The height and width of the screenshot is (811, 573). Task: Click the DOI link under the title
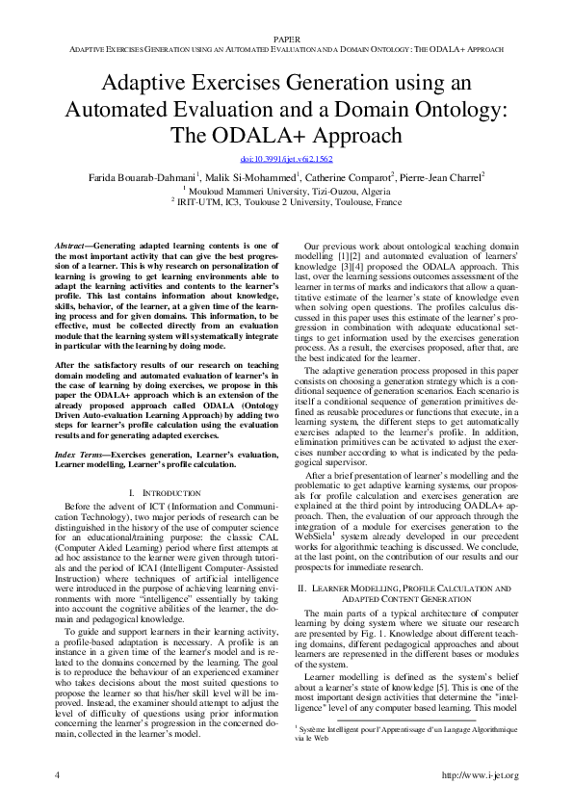click(285, 158)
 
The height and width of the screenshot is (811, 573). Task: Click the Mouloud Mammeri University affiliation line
click(286, 190)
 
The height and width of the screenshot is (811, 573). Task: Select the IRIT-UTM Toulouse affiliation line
click(286, 202)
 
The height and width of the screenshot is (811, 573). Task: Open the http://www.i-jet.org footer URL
click(479, 775)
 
